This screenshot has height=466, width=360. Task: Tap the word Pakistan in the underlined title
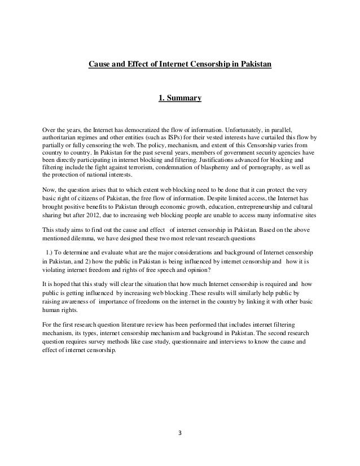pos(255,65)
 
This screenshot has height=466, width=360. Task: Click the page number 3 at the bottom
pos(180,434)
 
